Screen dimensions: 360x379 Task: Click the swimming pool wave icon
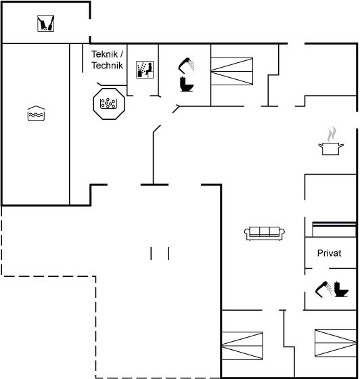point(36,114)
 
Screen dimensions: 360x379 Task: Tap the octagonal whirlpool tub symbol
point(109,104)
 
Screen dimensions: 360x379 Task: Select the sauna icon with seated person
point(145,70)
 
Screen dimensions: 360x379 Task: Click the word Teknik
point(105,54)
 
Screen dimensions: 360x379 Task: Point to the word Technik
point(108,66)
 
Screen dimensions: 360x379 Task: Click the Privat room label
point(329,253)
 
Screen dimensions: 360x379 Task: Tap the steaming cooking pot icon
point(331,141)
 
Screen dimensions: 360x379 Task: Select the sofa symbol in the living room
point(265,233)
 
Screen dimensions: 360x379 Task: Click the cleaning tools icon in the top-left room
point(45,23)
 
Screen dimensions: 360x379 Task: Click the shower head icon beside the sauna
point(186,65)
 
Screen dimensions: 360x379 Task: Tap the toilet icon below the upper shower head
point(187,84)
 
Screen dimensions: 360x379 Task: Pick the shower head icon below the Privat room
point(323,289)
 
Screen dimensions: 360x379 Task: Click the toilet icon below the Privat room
point(341,290)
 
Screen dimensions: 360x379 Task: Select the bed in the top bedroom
point(232,71)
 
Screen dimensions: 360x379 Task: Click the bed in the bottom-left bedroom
point(242,346)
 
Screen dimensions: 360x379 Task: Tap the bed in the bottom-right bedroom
point(336,342)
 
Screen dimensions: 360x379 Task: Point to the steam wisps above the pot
point(332,135)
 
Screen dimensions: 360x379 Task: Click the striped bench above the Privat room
point(334,229)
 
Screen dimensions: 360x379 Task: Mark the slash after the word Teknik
point(122,54)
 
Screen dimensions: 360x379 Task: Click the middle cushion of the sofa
point(265,231)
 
